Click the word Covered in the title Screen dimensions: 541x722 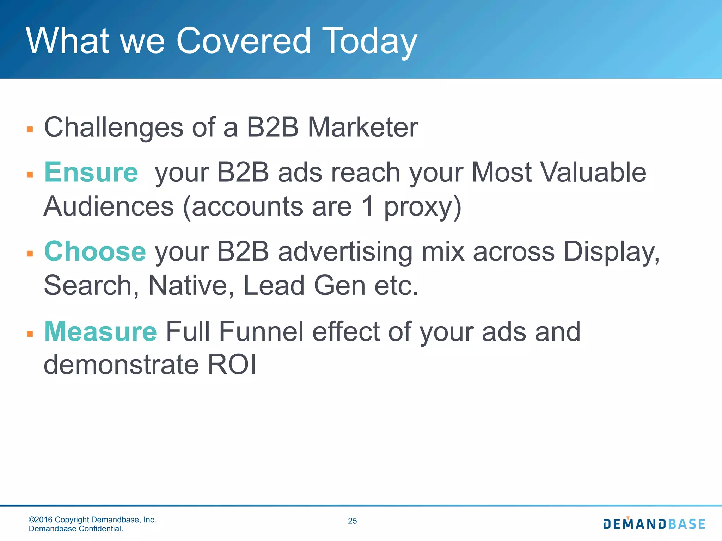click(x=243, y=41)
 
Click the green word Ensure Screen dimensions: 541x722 click(x=91, y=172)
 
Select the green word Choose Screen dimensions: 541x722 click(x=95, y=251)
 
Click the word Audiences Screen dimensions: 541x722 click(x=109, y=206)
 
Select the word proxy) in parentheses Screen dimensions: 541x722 click(x=423, y=207)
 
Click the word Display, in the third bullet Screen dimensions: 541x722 click(x=611, y=252)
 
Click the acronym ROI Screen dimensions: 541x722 click(x=232, y=365)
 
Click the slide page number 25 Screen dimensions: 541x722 click(x=352, y=521)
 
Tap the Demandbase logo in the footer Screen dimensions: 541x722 click(x=654, y=524)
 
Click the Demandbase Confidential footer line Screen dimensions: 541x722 click(x=76, y=529)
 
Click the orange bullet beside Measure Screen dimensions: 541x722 click(x=30, y=334)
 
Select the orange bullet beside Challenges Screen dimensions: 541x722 click(x=30, y=129)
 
